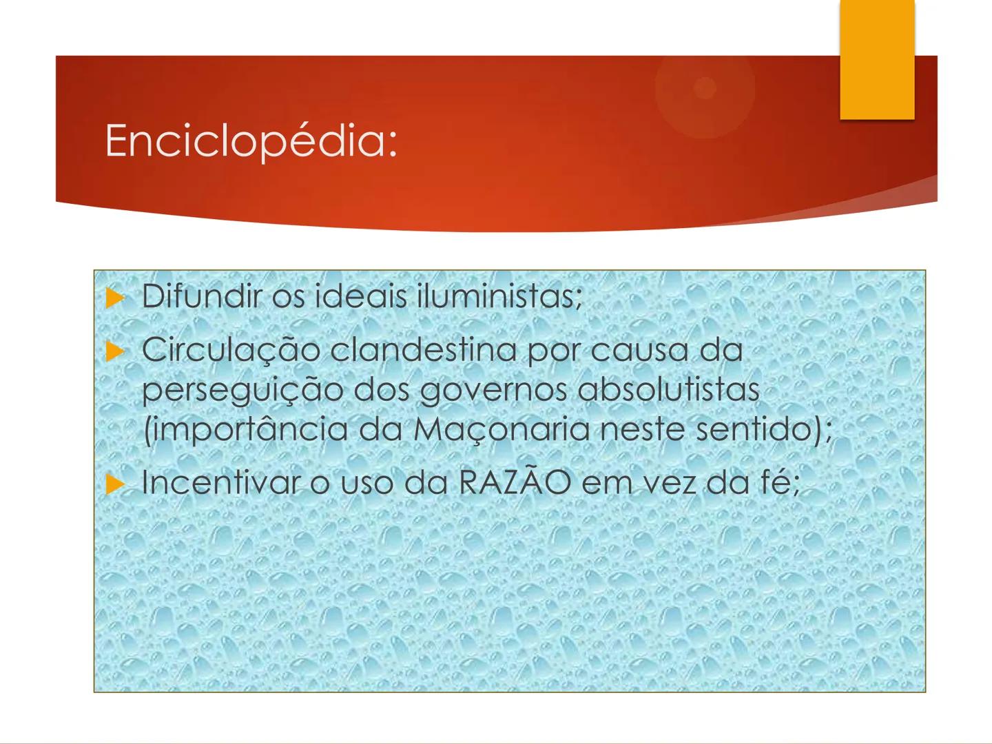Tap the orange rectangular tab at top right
click(877, 61)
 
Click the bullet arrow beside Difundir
click(114, 298)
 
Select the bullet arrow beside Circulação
click(114, 351)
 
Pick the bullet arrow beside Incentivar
click(114, 484)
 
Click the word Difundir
click(202, 297)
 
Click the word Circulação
click(231, 350)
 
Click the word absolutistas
click(668, 389)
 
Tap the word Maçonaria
click(501, 431)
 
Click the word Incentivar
click(220, 482)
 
